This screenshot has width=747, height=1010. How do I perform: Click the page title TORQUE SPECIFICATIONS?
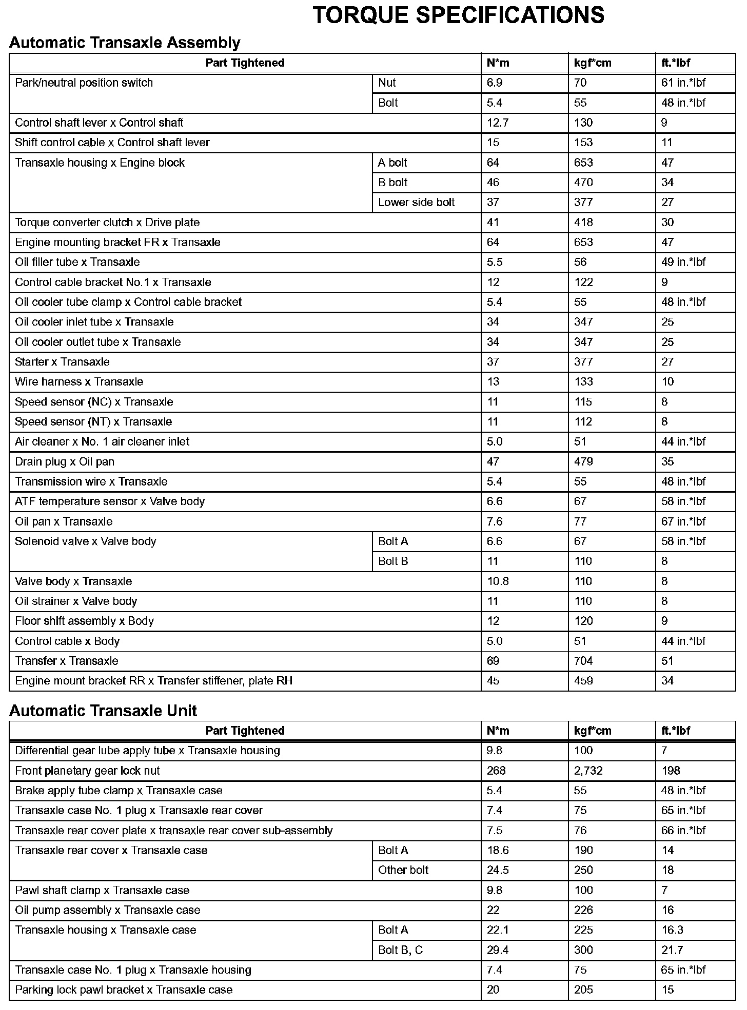[458, 15]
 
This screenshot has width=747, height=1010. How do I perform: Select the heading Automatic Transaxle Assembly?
[125, 43]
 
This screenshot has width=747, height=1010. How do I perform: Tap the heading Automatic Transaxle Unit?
[103, 711]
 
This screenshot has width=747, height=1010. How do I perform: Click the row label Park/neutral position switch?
[84, 83]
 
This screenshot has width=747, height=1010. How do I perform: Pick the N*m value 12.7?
[498, 123]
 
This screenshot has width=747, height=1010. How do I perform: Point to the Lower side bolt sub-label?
[416, 203]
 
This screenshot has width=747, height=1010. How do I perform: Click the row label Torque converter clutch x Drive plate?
[107, 223]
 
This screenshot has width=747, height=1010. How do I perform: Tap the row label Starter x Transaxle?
[62, 362]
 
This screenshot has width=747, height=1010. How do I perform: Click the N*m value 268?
[496, 771]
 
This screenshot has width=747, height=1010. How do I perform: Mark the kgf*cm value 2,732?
[588, 771]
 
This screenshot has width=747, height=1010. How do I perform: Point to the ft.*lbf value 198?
[671, 771]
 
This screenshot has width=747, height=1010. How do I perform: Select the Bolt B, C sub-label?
[400, 950]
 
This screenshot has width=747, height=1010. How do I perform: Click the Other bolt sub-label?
[403, 870]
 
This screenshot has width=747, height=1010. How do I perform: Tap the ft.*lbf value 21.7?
[672, 950]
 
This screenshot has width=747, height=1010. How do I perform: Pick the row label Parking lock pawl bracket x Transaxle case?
[124, 990]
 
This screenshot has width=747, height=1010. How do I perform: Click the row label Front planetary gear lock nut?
[87, 771]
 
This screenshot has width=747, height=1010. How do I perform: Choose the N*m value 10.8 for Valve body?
[498, 581]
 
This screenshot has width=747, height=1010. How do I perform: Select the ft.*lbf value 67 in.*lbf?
[683, 522]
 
